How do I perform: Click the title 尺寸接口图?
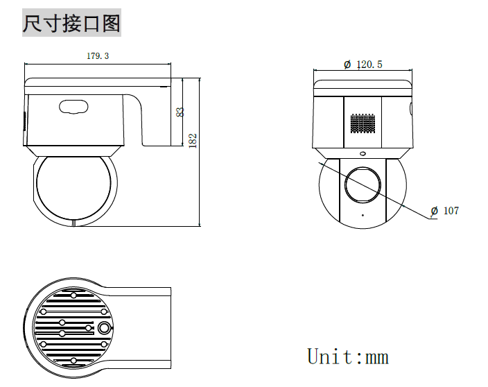71,23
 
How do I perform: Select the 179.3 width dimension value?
98,56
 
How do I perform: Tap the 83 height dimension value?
180,112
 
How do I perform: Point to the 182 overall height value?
193,141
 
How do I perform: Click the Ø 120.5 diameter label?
363,64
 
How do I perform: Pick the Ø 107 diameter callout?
445,211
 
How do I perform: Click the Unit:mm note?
348,356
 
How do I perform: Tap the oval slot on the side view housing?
73,107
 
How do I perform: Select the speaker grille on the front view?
363,123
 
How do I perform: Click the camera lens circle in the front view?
363,184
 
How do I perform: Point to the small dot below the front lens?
363,215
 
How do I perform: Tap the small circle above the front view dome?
363,153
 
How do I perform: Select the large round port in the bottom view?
104,328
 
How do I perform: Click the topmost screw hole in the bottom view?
73,295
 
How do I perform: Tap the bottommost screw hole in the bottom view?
73,361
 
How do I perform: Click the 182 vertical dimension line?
200,153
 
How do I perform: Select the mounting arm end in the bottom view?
170,328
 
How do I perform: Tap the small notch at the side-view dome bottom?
73,223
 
